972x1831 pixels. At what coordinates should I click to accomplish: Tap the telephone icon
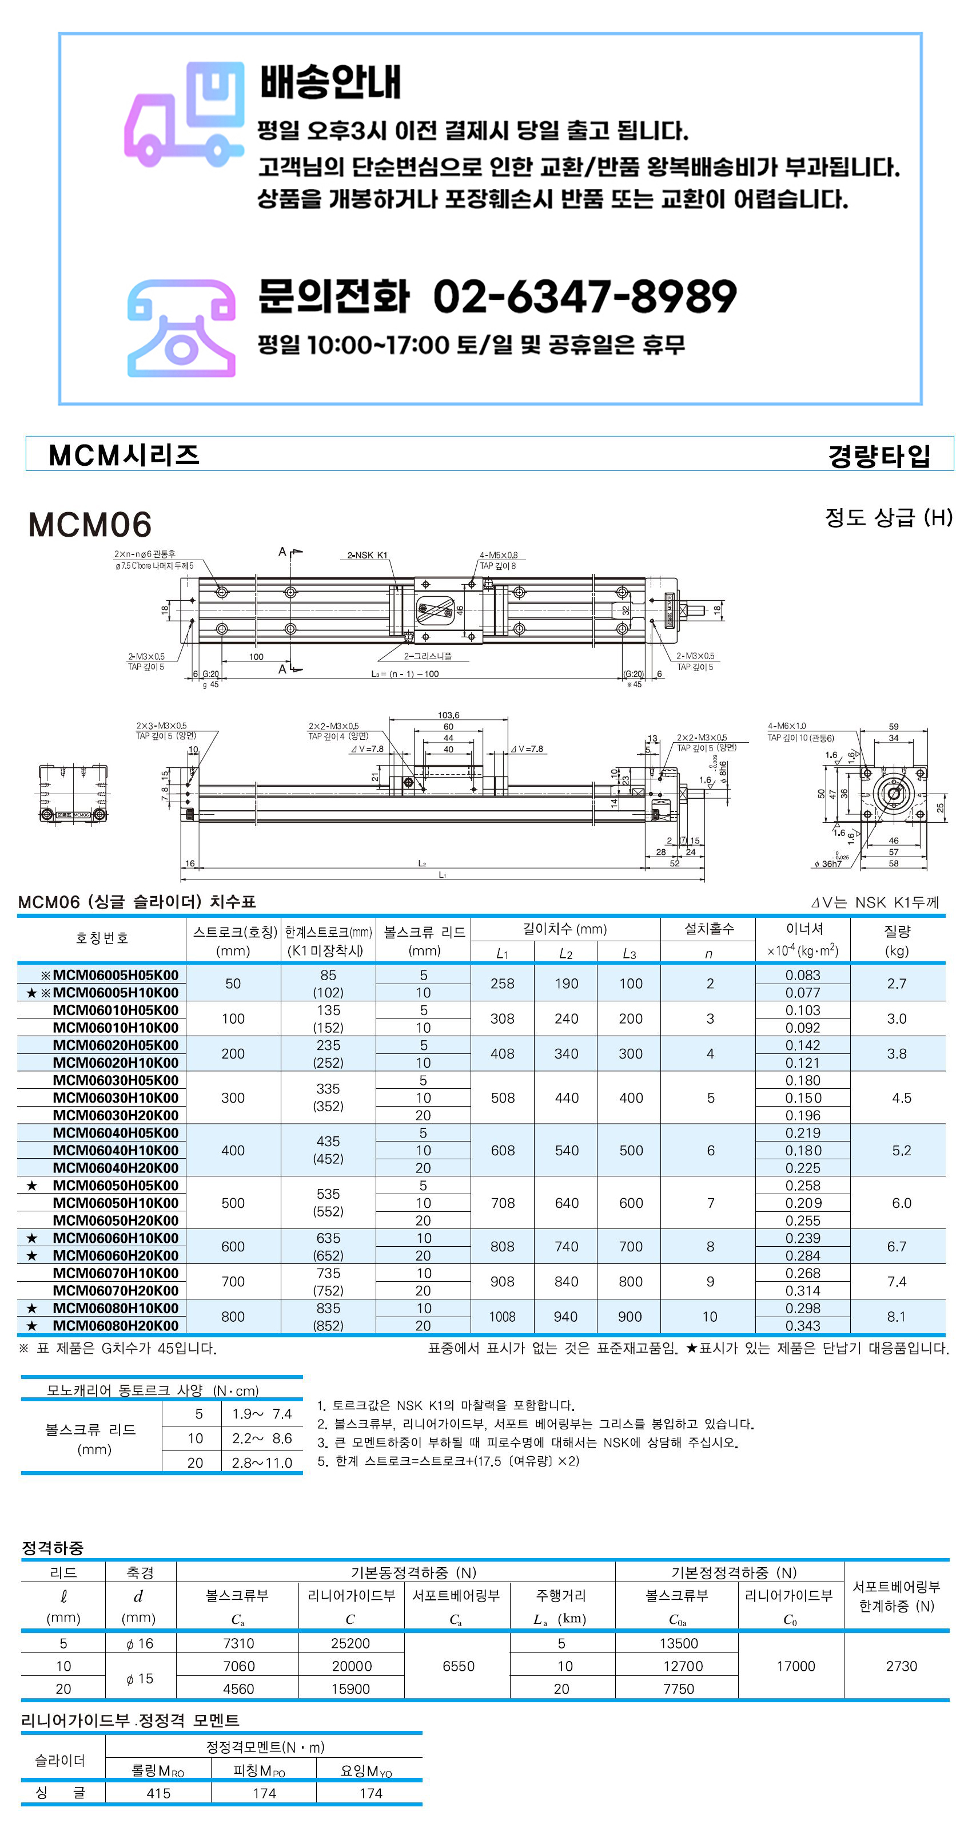pyautogui.click(x=181, y=328)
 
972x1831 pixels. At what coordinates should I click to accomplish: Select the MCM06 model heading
pyautogui.click(x=90, y=525)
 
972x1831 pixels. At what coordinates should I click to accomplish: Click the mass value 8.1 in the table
pyautogui.click(x=896, y=1317)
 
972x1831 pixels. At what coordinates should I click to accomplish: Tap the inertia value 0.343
pyautogui.click(x=802, y=1326)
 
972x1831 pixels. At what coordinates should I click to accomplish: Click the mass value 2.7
pyautogui.click(x=896, y=984)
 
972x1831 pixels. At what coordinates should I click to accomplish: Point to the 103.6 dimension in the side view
pyautogui.click(x=448, y=715)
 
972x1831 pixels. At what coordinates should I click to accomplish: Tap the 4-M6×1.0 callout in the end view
pyautogui.click(x=787, y=726)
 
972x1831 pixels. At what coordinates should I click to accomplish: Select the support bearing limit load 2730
pyautogui.click(x=901, y=1666)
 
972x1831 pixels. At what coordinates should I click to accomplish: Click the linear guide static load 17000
pyautogui.click(x=795, y=1666)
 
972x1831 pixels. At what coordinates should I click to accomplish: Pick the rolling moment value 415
pyautogui.click(x=158, y=1793)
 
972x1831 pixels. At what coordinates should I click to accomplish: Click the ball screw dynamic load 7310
pyautogui.click(x=238, y=1643)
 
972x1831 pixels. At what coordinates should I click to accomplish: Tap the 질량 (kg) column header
pyautogui.click(x=897, y=940)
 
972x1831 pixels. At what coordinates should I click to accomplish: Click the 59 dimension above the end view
pyautogui.click(x=893, y=727)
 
